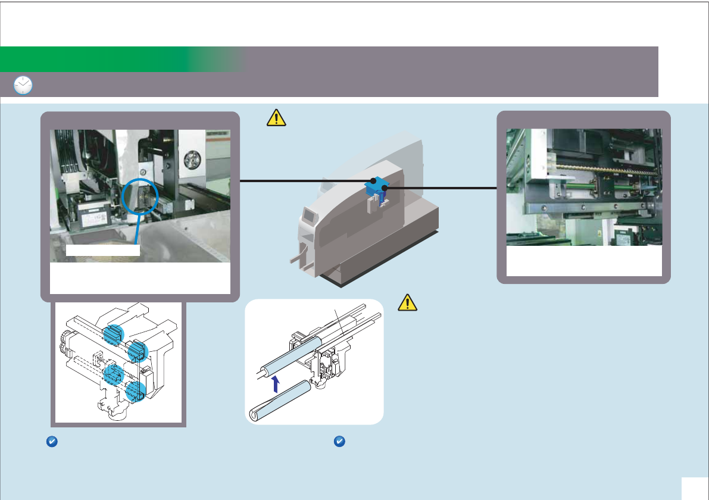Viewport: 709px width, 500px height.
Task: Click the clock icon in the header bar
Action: coord(23,86)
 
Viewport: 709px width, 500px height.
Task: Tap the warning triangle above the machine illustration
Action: coord(276,118)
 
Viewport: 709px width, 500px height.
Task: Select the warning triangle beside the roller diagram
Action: coord(407,302)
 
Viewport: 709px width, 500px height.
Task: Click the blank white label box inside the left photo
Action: coord(102,250)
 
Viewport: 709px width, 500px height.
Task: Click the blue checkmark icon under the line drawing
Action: coord(51,442)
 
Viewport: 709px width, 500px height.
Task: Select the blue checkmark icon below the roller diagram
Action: coord(339,442)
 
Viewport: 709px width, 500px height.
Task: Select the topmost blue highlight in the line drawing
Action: coord(111,334)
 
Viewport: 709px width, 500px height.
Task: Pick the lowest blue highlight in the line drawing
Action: coord(136,391)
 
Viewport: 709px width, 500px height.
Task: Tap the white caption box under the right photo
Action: coord(583,261)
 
